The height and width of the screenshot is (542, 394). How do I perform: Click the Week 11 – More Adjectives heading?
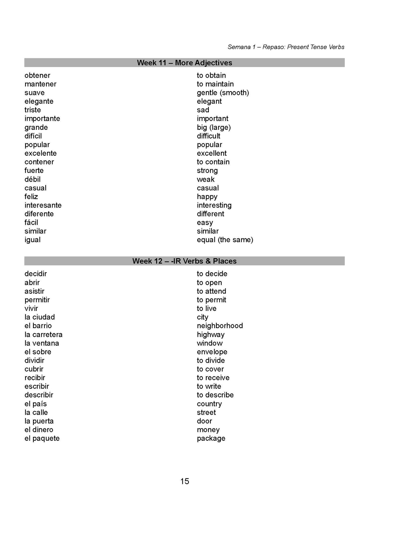184,63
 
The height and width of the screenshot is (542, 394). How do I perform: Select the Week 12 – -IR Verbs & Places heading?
184,261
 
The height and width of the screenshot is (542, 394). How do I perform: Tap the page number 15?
185,481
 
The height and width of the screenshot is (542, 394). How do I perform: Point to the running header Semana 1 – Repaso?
286,47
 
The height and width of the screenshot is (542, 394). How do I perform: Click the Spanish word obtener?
37,75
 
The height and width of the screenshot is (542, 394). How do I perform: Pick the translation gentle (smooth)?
223,93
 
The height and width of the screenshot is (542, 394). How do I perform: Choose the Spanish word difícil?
33,136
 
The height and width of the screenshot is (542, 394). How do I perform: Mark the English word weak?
206,179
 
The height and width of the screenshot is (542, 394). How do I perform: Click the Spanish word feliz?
31,196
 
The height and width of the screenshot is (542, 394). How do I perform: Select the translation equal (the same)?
225,240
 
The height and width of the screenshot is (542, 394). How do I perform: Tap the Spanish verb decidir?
36,274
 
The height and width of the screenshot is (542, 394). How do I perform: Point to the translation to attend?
211,291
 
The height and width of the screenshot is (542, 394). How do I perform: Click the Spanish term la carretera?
43,334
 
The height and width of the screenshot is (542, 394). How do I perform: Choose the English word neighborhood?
220,326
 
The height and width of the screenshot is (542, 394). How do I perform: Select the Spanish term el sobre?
38,352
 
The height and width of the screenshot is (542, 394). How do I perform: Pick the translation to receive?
213,378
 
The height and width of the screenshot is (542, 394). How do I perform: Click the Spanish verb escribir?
37,386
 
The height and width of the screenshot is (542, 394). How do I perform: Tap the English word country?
209,404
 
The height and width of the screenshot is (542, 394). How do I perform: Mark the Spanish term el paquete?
42,438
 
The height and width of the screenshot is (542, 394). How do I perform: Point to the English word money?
208,430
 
